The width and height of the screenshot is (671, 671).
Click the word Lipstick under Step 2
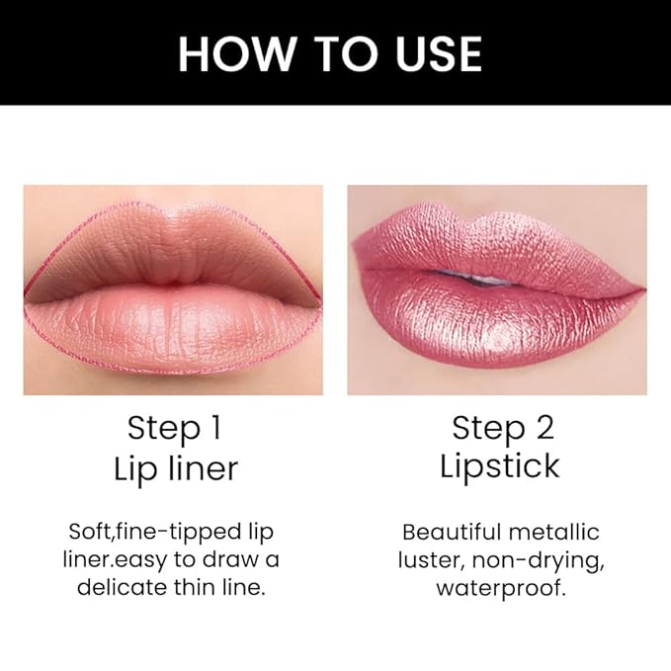pos(500,466)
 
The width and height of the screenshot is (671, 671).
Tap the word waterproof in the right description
pos(500,588)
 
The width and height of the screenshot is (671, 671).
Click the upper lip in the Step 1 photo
pos(173,248)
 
